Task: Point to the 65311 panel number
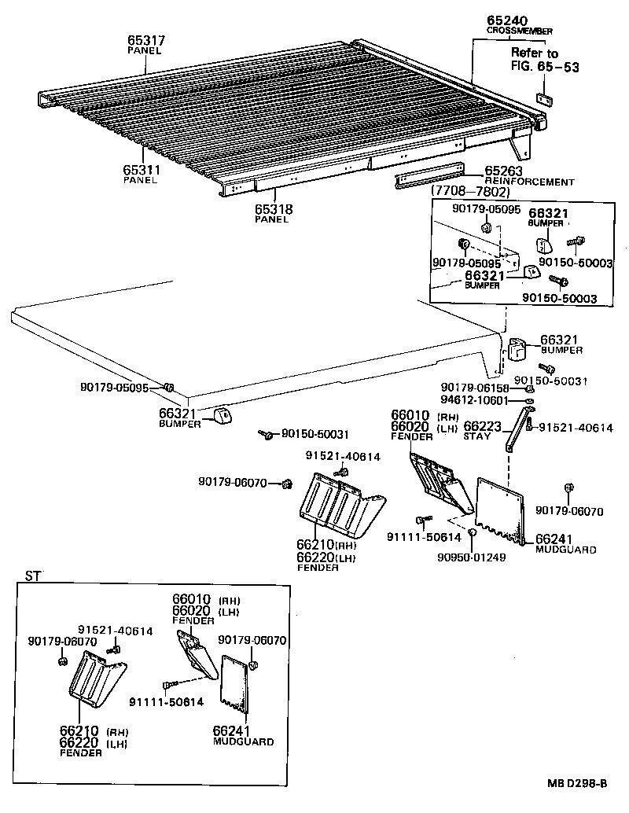141,169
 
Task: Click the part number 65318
271,208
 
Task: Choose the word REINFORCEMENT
529,182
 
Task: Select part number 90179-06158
475,388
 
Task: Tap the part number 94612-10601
475,401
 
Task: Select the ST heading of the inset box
31,576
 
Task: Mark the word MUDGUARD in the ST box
244,741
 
